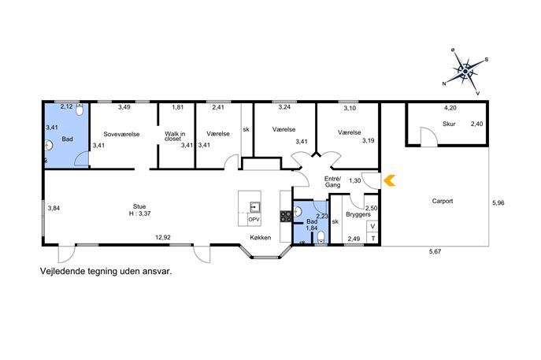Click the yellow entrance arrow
coord(390,180)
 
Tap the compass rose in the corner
coord(465,72)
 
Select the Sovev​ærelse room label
coord(121,134)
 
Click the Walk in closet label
coord(175,136)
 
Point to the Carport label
coord(443,201)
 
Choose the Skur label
coord(449,124)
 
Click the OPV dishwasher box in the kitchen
coord(254,220)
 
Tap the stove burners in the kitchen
coord(286,216)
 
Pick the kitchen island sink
coord(255,207)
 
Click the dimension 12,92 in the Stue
coord(162,237)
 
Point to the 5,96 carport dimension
coord(498,203)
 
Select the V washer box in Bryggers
coord(372,226)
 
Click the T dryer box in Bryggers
coord(372,238)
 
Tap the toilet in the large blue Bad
coord(80,109)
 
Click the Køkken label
coord(261,237)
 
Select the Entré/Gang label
coord(332,182)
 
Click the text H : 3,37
coord(139,213)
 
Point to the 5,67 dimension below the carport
coord(435,251)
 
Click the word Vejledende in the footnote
coord(61,271)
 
